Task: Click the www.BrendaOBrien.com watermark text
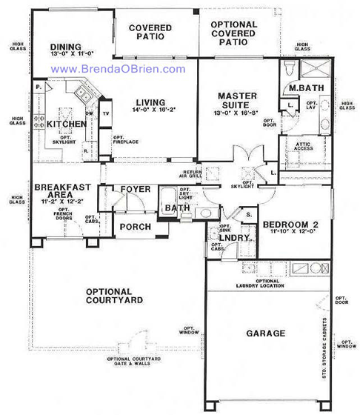[x=118, y=68]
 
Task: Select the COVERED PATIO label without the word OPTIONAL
[x=150, y=33]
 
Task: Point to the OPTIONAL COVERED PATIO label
[x=233, y=33]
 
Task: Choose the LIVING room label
[x=152, y=103]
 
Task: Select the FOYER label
[x=136, y=190]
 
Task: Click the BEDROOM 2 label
[x=281, y=224]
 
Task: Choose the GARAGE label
[x=267, y=333]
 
